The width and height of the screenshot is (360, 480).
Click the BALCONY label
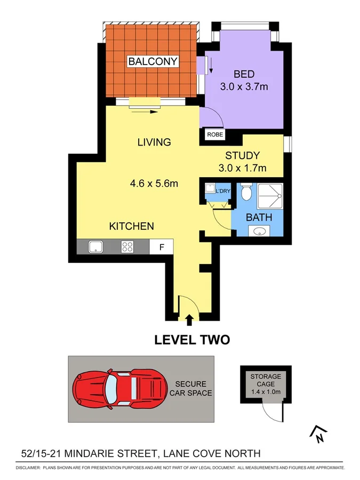pyautogui.click(x=153, y=61)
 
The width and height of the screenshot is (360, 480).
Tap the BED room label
pyautogui.click(x=244, y=74)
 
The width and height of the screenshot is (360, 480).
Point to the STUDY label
pyautogui.click(x=242, y=156)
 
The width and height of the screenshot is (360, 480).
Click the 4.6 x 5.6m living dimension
pyautogui.click(x=154, y=183)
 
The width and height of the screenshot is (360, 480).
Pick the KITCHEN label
pyautogui.click(x=132, y=226)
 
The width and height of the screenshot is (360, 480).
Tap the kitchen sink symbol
pyautogui.click(x=96, y=246)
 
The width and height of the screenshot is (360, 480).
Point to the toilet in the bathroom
pyautogui.click(x=246, y=192)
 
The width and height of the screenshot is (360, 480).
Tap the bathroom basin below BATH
pyautogui.click(x=259, y=231)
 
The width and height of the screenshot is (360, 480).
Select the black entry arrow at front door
pyautogui.click(x=189, y=319)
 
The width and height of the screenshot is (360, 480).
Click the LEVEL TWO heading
pyautogui.click(x=191, y=340)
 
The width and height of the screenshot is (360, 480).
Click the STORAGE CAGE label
pyautogui.click(x=265, y=381)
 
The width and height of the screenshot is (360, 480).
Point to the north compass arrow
pyautogui.click(x=318, y=435)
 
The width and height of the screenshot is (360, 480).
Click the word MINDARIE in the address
pyautogui.click(x=100, y=454)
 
